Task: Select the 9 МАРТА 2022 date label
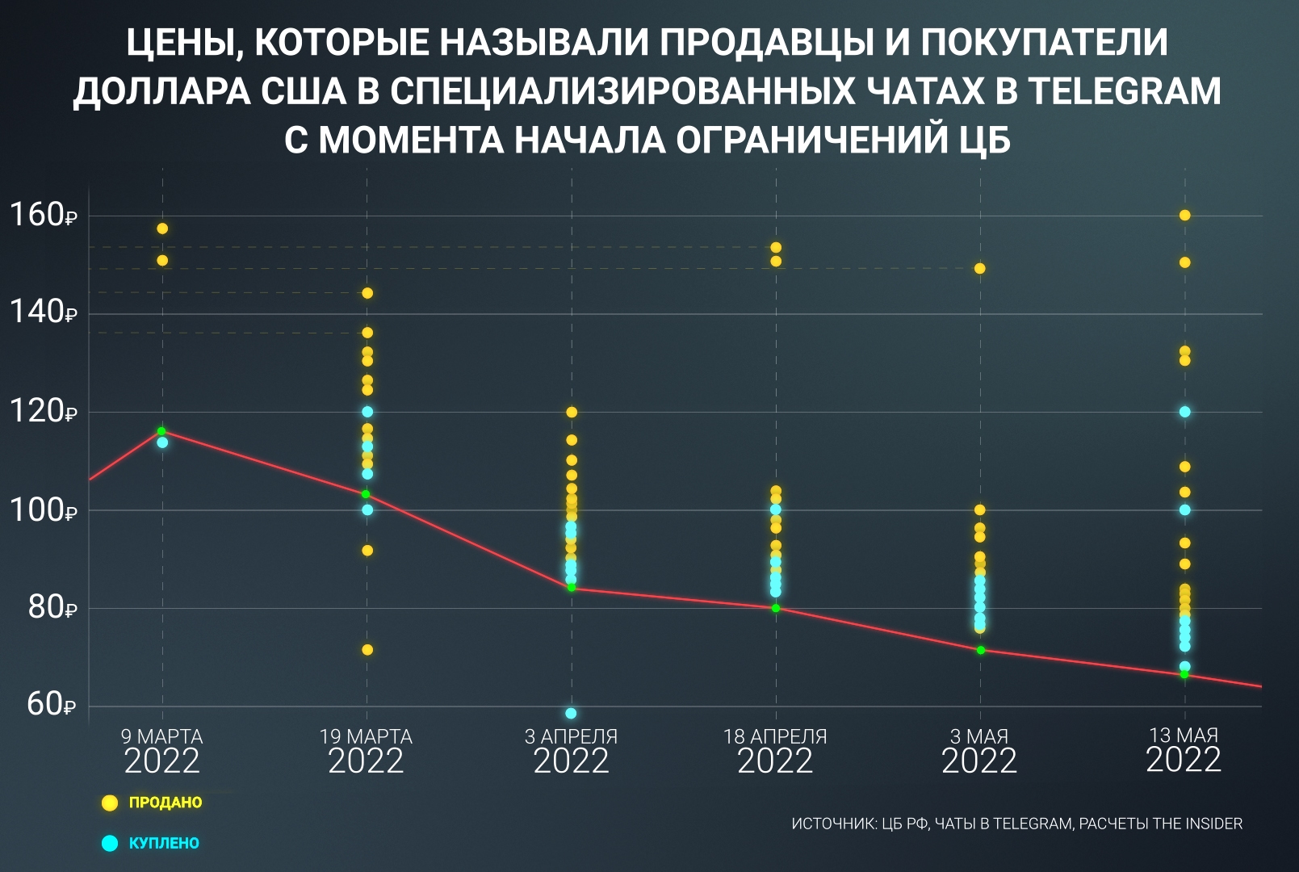click(162, 750)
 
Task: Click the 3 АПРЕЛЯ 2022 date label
click(571, 750)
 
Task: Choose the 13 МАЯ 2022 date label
click(1184, 750)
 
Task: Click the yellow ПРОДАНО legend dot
click(110, 803)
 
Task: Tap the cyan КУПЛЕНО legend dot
click(110, 843)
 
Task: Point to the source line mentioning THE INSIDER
click(1016, 824)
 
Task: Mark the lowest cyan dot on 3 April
click(571, 714)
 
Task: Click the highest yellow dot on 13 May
click(1184, 216)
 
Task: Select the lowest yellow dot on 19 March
click(367, 650)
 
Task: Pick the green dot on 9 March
click(161, 431)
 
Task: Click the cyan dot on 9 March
click(162, 442)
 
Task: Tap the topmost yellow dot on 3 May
click(979, 269)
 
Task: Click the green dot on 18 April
click(776, 608)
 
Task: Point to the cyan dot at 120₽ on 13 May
click(1184, 412)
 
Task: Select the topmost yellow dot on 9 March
click(162, 228)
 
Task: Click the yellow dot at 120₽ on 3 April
click(572, 413)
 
